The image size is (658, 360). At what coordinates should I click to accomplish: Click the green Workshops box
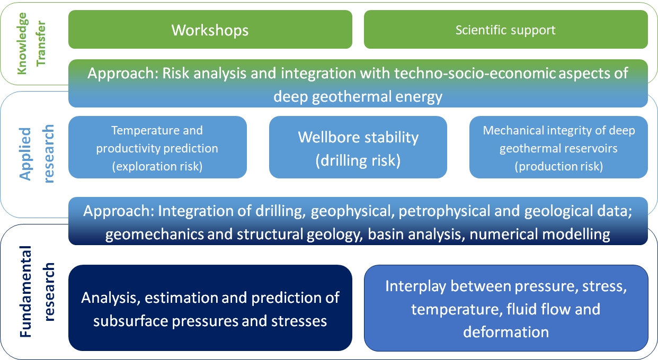point(210,29)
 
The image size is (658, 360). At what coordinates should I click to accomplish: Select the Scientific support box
point(505,29)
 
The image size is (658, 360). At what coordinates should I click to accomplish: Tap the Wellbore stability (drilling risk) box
point(358,147)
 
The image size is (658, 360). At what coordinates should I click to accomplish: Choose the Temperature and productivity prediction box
point(157,147)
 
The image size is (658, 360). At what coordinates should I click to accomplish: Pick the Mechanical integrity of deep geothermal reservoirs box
point(558,147)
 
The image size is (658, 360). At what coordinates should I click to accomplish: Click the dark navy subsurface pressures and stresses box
point(210,308)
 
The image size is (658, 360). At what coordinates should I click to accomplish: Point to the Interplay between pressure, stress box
point(506,308)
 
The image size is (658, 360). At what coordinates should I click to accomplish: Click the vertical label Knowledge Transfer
point(31,43)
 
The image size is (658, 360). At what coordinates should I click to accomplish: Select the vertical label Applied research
point(37,154)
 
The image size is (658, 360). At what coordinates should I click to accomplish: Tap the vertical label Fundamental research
point(37,291)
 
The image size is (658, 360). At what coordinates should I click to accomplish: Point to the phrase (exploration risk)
point(157,166)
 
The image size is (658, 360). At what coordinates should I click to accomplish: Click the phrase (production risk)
point(558,166)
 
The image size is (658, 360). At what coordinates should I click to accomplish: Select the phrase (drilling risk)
point(358,160)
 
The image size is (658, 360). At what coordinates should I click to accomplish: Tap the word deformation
point(506,332)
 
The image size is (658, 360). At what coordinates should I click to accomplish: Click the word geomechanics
point(154,235)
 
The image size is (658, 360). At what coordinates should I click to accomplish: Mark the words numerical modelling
point(540,235)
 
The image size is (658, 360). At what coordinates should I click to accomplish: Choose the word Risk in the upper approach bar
point(176,73)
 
